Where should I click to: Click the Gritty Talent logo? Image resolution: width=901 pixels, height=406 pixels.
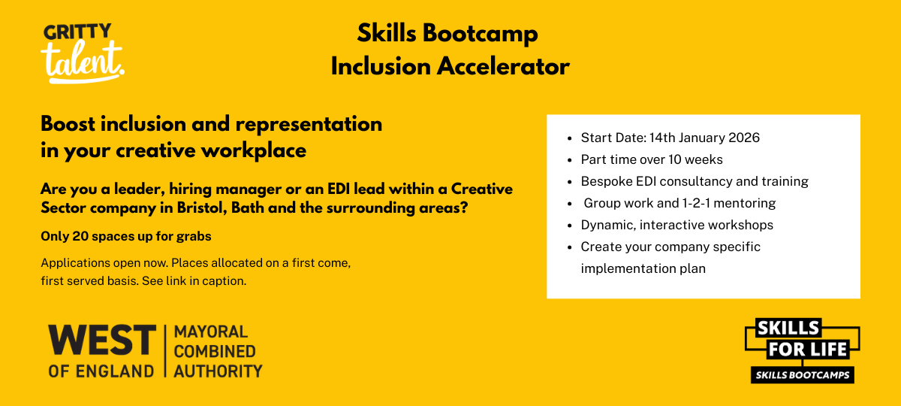83,53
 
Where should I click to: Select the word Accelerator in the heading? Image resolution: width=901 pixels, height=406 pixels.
503,66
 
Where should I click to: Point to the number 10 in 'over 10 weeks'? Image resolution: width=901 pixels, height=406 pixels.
674,159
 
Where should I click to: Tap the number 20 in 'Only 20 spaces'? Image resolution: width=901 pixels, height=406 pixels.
80,236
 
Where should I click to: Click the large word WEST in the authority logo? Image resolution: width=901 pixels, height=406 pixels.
102,340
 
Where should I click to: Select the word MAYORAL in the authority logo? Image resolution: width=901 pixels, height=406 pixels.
211,332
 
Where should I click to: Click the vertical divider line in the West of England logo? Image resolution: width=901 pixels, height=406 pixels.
165,351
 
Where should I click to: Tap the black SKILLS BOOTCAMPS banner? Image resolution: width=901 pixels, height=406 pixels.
803,375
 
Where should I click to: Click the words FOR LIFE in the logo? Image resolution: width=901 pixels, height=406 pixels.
807,350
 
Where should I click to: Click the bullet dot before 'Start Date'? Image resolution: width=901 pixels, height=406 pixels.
569,138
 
